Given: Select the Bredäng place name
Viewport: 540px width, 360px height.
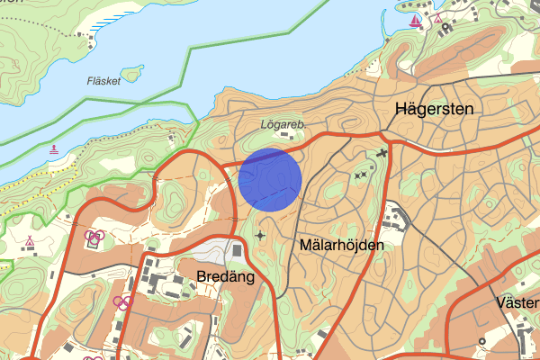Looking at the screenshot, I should [226, 278].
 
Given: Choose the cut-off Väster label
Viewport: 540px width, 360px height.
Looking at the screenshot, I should [517, 302].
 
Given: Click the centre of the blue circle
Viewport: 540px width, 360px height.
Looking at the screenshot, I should [270, 180].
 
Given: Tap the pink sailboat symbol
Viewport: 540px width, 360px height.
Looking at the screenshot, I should [415, 19].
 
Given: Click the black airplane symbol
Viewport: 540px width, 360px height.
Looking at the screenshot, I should [382, 155].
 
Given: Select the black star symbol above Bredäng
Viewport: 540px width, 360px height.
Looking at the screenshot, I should [261, 236].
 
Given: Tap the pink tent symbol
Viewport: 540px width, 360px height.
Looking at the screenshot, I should [30, 241].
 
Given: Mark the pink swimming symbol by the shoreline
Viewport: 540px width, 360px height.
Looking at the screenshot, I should [56, 149].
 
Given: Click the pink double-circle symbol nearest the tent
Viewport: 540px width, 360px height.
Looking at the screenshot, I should [94, 238].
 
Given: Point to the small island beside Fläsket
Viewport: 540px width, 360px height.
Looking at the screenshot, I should [133, 72].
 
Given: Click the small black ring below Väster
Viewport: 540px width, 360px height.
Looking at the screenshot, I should [482, 340].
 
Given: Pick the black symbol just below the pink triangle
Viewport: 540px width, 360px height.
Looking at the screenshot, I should [445, 27].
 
